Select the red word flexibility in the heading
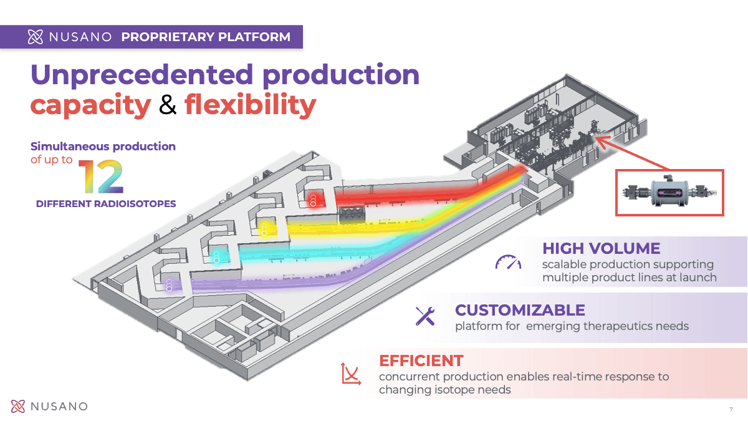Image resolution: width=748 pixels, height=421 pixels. coord(250,105)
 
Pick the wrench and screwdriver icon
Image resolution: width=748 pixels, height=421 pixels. coord(425,316)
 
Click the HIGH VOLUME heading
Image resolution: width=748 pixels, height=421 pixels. coord(601,248)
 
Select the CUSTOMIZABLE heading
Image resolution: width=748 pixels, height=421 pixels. coord(520,310)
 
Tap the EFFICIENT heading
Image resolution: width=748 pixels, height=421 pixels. coord(421,361)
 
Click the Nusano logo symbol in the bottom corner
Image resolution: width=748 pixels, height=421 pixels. coord(19,407)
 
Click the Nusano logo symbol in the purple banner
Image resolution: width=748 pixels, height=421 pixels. coord(36,37)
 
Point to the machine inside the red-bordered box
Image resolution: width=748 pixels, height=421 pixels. coord(669,192)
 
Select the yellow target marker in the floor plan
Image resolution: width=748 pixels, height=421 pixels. coord(264,228)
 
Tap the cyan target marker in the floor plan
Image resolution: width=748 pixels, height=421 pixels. coord(216,257)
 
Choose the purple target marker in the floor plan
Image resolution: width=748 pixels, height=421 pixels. coord(168,286)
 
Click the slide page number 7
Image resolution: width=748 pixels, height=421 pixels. coord(731,409)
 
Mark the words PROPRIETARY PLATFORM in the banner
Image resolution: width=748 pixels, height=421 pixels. coord(206,37)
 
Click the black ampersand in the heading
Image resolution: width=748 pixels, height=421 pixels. coord(168,105)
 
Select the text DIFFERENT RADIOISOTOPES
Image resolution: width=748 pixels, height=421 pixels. coord(106,204)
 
